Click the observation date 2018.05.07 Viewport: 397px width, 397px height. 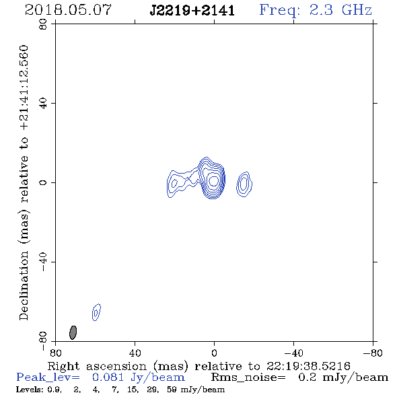coord(68,10)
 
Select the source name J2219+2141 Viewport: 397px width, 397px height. coord(192,11)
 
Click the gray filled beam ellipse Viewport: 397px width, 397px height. coord(73,332)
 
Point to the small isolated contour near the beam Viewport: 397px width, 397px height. coord(96,312)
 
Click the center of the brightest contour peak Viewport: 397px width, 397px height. coord(214,180)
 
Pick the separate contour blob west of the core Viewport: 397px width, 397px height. coord(244,184)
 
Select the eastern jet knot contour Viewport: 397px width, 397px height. coord(174,183)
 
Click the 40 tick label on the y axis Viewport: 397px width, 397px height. coord(44,104)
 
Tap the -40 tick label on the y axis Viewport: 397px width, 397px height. coord(44,262)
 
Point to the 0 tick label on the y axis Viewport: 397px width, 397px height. coord(44,182)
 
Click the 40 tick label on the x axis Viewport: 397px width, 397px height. coord(135,353)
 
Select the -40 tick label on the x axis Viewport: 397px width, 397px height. coord(293,353)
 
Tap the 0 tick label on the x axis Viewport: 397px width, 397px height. coord(214,353)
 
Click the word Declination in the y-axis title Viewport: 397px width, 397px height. coord(24,285)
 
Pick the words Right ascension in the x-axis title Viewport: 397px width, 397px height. coord(97,366)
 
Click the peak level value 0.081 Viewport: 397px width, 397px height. coord(108,377)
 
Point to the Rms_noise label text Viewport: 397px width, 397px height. coord(248,377)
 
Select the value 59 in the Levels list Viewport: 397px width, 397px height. coord(171,390)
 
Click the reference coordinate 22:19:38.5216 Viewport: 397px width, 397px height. coord(308,366)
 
